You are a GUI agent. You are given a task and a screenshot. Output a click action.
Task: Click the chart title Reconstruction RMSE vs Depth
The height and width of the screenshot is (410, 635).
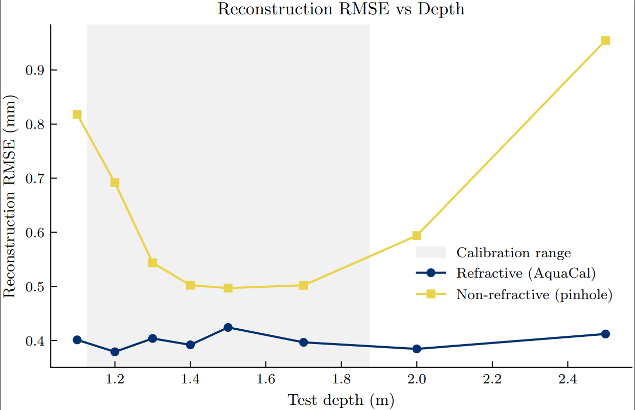pyautogui.click(x=341, y=9)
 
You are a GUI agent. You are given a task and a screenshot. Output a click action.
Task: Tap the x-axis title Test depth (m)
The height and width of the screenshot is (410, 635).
pyautogui.click(x=341, y=399)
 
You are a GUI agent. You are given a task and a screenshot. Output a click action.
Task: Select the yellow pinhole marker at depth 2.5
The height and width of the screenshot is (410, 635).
pyautogui.click(x=605, y=40)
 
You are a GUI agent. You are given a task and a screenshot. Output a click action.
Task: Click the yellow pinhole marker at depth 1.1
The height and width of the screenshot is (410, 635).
pyautogui.click(x=77, y=115)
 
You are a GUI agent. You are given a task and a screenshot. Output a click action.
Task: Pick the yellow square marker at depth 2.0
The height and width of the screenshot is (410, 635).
pyautogui.click(x=417, y=236)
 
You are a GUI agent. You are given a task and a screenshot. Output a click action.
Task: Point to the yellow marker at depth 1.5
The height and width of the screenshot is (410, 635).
pyautogui.click(x=228, y=288)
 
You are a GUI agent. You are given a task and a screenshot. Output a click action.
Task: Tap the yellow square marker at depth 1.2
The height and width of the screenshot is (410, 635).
pyautogui.click(x=115, y=183)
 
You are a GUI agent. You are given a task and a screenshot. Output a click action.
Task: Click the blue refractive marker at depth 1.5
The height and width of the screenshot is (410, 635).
pyautogui.click(x=228, y=327)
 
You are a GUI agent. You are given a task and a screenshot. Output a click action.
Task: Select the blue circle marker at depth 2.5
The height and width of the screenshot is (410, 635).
pyautogui.click(x=605, y=334)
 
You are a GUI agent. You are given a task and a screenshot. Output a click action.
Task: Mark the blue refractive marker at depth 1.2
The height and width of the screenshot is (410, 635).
pyautogui.click(x=115, y=352)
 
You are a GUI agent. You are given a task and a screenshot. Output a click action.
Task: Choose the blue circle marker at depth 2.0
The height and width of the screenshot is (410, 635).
pyautogui.click(x=417, y=349)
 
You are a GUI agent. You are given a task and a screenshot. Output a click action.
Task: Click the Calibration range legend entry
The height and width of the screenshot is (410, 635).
pyautogui.click(x=513, y=253)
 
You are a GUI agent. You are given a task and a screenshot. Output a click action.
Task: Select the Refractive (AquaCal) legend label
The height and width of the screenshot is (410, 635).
pyautogui.click(x=526, y=273)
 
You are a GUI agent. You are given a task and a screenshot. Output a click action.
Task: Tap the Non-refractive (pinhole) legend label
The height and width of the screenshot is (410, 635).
pyautogui.click(x=534, y=294)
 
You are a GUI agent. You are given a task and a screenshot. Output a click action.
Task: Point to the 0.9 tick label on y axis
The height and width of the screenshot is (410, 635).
pyautogui.click(x=34, y=70)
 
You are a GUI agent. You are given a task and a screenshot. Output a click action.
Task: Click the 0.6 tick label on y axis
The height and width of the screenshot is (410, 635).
pyautogui.click(x=34, y=233)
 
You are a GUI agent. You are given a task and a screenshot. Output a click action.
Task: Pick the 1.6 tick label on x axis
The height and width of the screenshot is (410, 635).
pyautogui.click(x=265, y=380)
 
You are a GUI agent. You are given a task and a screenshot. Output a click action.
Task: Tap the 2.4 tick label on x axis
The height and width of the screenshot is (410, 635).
pyautogui.click(x=568, y=380)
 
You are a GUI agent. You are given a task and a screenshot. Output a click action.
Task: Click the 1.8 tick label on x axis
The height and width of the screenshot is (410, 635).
pyautogui.click(x=341, y=380)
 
